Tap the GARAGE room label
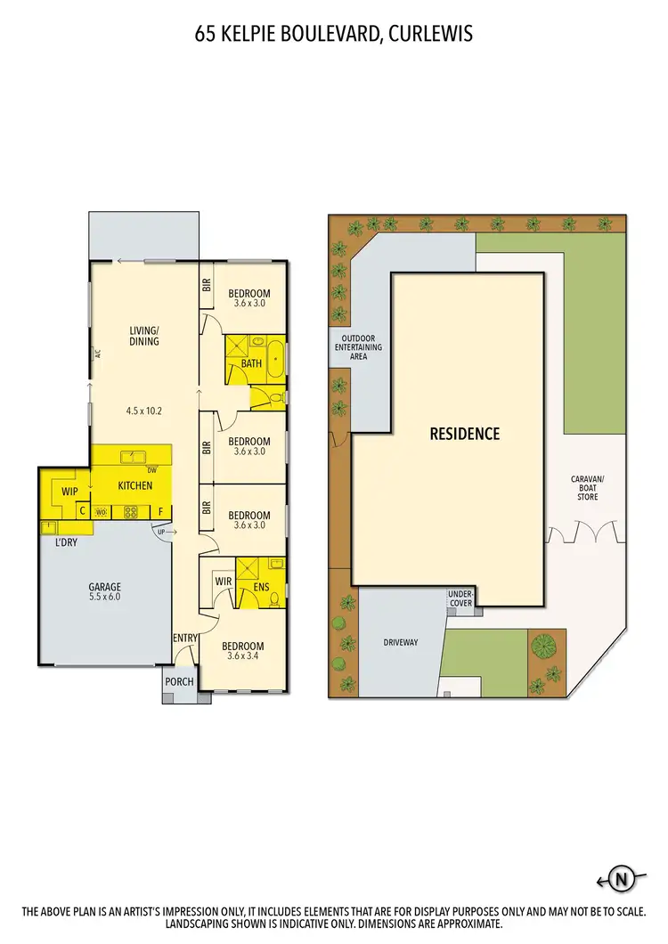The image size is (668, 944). [x=104, y=588]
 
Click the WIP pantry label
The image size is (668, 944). [x=70, y=492]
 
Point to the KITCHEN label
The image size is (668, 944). [x=135, y=485]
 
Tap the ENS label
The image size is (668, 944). [x=261, y=588]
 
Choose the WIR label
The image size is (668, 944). [x=224, y=582]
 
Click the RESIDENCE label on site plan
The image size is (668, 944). [x=465, y=435]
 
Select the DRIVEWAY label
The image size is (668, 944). [x=401, y=641]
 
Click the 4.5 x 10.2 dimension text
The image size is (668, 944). [x=143, y=411]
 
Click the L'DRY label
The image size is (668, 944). [x=67, y=542]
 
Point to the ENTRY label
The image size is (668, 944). [x=183, y=638]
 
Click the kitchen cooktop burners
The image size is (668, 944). [x=130, y=511]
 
